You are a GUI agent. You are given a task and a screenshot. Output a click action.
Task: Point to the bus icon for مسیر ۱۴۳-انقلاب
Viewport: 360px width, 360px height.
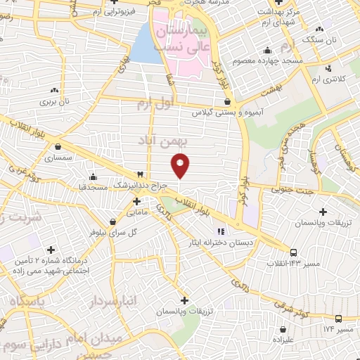293,252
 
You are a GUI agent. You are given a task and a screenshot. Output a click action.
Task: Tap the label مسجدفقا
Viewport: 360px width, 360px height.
92,188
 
